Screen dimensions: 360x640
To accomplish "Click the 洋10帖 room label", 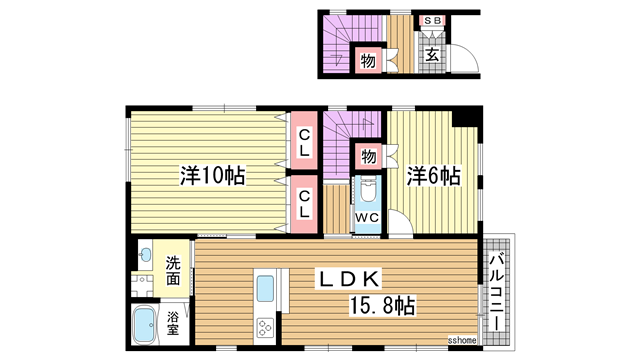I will (x=213, y=176).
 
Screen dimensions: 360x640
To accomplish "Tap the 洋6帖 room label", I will (x=433, y=176).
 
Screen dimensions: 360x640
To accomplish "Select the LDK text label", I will (x=348, y=277).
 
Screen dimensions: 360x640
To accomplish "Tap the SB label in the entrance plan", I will (x=433, y=20).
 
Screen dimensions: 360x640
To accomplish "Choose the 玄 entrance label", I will (x=432, y=56).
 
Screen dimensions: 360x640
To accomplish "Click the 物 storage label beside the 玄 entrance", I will (x=367, y=60).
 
